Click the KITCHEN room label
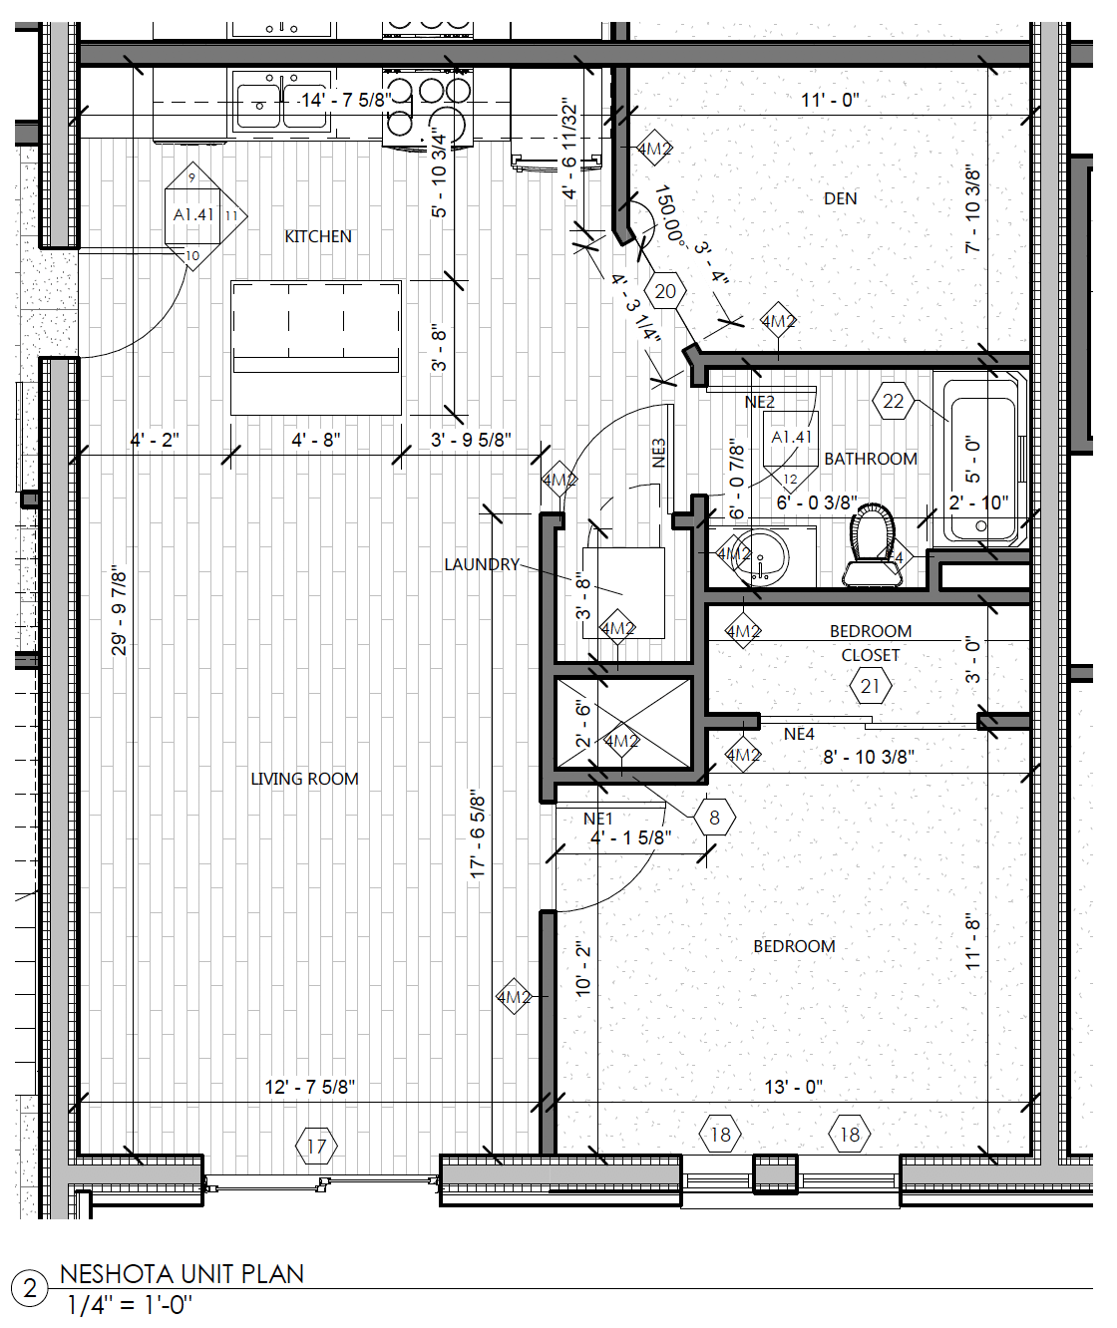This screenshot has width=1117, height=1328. point(318,236)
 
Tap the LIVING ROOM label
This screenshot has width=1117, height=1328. point(304,779)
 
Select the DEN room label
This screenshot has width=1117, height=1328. point(840,198)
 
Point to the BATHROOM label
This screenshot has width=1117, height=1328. point(870,459)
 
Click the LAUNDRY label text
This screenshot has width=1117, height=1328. point(482,564)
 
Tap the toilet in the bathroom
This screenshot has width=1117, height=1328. point(872,546)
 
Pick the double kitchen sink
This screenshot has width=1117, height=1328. point(281,103)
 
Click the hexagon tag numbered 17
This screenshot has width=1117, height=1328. point(316,1147)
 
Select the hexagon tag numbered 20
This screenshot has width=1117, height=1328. point(665,292)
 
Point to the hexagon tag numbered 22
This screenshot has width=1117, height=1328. point(893,402)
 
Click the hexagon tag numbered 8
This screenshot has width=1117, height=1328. point(714,819)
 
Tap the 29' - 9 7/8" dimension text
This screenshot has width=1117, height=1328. point(120,610)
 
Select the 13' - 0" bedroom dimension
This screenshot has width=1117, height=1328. point(793,1087)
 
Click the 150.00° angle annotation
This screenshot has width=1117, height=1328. point(669,215)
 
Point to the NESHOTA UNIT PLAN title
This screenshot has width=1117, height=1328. point(182,1273)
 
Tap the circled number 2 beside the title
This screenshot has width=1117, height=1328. point(30,1288)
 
